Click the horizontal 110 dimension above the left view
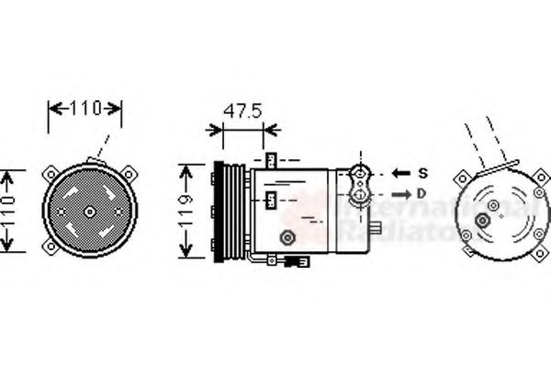[84, 109]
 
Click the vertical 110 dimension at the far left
[8, 211]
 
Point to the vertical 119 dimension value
[186, 211]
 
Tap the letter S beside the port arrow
[423, 172]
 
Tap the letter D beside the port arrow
[422, 193]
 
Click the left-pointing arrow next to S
[401, 172]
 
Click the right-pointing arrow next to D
[401, 193]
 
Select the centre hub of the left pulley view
[90, 211]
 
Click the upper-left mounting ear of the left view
[50, 173]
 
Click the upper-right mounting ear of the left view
[129, 172]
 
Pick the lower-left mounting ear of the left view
[50, 249]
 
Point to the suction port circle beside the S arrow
[362, 172]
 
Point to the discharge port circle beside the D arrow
[362, 193]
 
